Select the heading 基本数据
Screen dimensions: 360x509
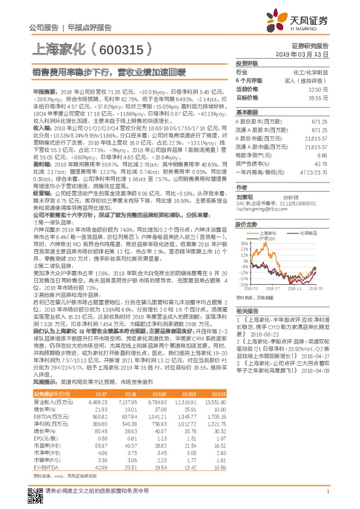click(246, 112)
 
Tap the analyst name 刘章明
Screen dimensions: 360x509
click(244, 196)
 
